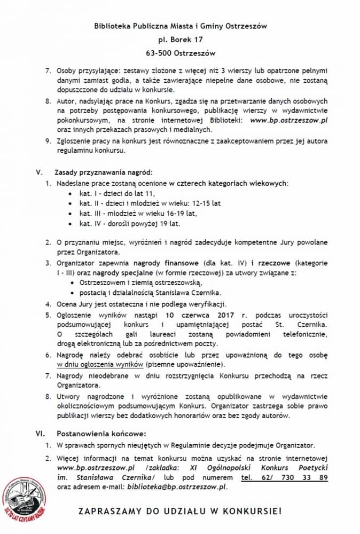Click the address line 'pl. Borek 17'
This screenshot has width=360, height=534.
tap(180, 39)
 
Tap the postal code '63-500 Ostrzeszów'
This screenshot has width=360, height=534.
tap(180, 53)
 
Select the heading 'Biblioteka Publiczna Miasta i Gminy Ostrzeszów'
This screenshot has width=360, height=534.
tap(180, 25)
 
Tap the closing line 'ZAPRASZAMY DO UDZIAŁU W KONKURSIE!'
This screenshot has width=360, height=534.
tap(180, 512)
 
